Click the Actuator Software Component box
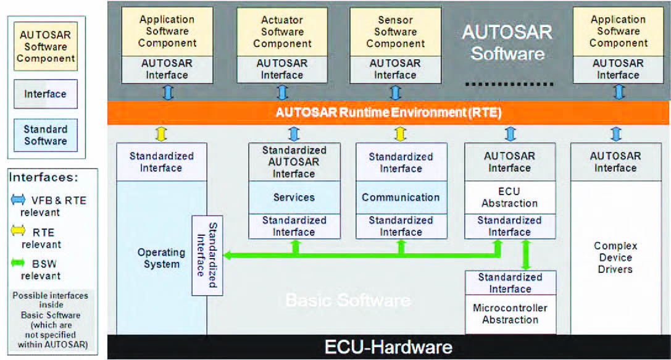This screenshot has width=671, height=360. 281,31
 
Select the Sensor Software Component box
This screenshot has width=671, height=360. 395,31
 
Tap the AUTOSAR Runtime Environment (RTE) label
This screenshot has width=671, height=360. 388,113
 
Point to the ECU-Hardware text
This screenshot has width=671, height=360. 388,346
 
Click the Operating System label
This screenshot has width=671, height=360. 161,258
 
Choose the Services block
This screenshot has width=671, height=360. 294,198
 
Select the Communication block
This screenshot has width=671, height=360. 401,198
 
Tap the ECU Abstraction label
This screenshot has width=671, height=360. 510,197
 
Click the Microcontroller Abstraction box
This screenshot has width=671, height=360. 510,314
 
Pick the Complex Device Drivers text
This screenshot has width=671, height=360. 615,257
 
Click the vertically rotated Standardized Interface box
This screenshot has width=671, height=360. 207,255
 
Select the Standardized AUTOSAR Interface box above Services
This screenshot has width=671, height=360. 294,162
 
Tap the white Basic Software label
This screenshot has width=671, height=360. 348,301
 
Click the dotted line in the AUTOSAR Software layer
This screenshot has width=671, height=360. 507,83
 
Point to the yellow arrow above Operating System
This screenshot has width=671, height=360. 161,134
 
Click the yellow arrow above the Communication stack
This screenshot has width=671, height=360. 401,134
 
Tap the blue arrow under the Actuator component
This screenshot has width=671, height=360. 282,93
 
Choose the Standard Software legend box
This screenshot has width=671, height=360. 46,135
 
